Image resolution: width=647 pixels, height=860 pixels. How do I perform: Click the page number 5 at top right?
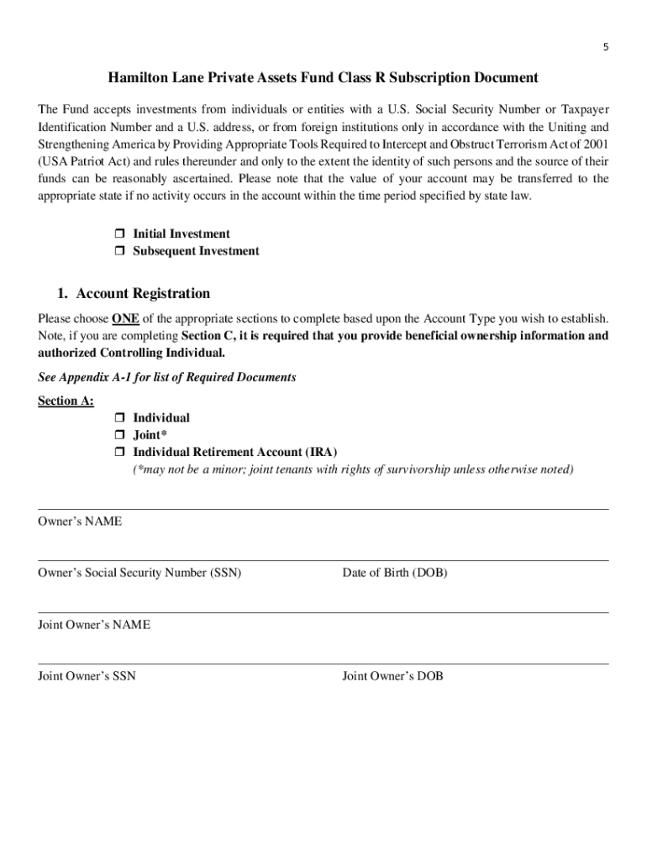605,47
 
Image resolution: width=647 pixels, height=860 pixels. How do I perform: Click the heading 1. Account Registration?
134,293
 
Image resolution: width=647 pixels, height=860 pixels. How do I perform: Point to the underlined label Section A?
66,401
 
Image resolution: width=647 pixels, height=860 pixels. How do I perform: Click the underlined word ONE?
125,319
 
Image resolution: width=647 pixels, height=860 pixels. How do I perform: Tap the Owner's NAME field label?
80,522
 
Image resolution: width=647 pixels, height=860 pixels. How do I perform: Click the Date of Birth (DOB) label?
394,573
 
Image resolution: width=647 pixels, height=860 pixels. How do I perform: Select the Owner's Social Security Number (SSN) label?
139,573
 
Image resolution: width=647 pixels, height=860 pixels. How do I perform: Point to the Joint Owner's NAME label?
94,625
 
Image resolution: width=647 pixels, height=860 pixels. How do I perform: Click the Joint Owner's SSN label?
87,676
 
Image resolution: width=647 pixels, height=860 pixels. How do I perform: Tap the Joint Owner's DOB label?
392,676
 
